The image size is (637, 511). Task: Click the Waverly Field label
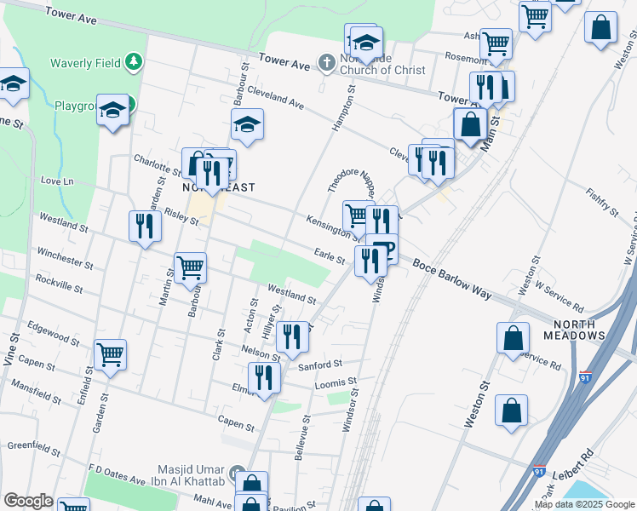click(x=85, y=62)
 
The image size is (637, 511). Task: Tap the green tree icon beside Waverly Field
click(x=133, y=61)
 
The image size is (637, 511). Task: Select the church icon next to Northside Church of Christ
click(x=326, y=62)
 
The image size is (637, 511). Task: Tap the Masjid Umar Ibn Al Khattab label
click(x=193, y=476)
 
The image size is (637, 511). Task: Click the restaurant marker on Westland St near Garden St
click(x=144, y=227)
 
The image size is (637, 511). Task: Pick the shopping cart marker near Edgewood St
click(x=111, y=354)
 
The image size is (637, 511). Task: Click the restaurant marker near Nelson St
click(x=292, y=336)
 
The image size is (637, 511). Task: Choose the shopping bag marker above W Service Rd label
click(x=514, y=337)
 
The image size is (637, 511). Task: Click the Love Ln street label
click(x=58, y=181)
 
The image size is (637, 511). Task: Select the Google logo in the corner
click(x=28, y=501)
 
